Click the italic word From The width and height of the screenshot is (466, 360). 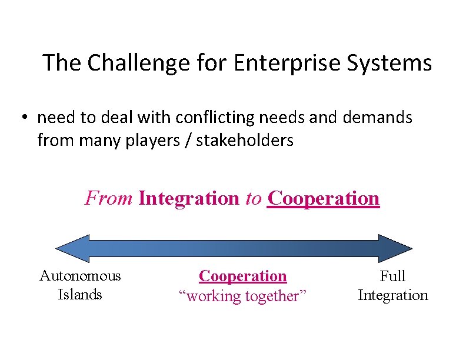pyautogui.click(x=109, y=198)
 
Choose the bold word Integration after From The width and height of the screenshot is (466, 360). pyautogui.click(x=189, y=198)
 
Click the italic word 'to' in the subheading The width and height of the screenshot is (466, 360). pyautogui.click(x=254, y=198)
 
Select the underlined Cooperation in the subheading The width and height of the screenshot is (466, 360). pyautogui.click(x=324, y=198)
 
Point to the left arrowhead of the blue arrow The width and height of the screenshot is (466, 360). pyautogui.click(x=71, y=248)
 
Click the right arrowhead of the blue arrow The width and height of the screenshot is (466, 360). pyautogui.click(x=396, y=248)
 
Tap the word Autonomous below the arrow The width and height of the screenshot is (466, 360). pyautogui.click(x=80, y=276)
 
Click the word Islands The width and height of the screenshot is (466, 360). pyautogui.click(x=80, y=294)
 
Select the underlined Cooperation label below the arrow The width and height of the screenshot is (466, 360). pyautogui.click(x=243, y=276)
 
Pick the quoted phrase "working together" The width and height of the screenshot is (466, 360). pyautogui.click(x=243, y=296)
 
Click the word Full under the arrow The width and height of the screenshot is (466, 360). pyautogui.click(x=393, y=276)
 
